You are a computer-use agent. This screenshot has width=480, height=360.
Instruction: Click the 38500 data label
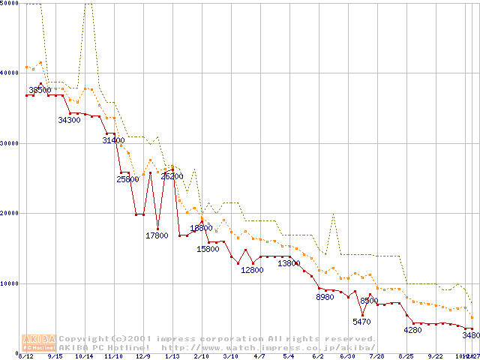tap(40, 90)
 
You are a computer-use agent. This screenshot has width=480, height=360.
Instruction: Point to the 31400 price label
tap(113, 140)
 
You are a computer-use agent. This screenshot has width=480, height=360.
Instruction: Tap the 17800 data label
tap(157, 235)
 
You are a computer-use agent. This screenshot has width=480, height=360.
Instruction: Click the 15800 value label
tap(208, 249)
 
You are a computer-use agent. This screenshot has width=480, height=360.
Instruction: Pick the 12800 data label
tap(252, 270)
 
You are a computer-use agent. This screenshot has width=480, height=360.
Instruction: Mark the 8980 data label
tap(325, 298)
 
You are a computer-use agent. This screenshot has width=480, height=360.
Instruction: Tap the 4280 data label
tap(412, 330)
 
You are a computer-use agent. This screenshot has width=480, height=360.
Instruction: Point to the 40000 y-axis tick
tap(10, 73)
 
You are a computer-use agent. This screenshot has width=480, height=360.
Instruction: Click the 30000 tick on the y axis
tap(10, 143)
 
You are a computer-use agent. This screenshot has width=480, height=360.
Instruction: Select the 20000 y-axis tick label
tap(10, 213)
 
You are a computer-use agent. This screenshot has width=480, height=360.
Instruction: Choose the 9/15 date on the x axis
tap(55, 357)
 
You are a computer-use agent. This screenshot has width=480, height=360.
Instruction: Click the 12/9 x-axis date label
tap(142, 357)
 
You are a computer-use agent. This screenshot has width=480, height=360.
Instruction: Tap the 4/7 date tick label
tap(259, 357)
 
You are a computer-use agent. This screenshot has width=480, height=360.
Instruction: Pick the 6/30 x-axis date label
tap(347, 357)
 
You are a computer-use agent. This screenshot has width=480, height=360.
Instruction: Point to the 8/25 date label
tap(406, 357)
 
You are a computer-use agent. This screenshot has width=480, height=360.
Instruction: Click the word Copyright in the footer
tap(85, 339)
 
